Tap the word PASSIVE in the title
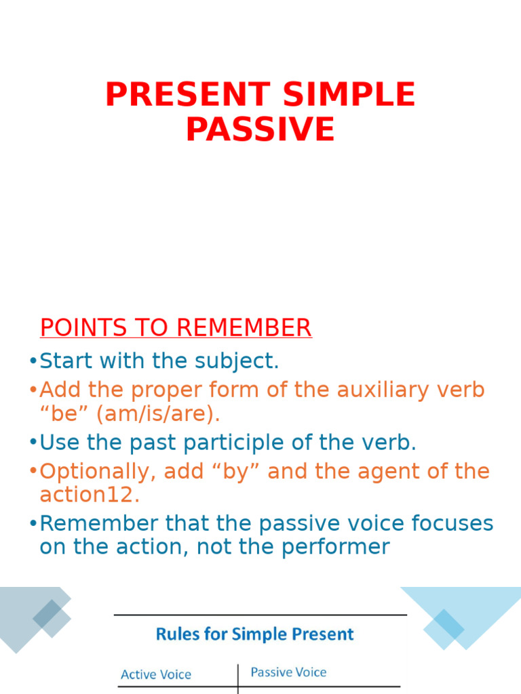(260, 129)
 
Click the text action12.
(89, 495)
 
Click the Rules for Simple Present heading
(255, 634)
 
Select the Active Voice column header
(156, 674)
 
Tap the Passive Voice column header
(288, 672)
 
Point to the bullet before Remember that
(33, 525)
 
